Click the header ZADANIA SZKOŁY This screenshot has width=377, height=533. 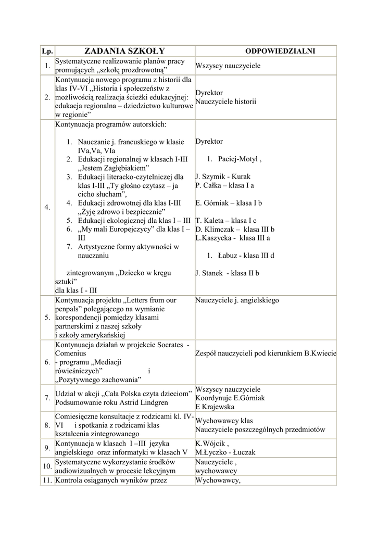124,50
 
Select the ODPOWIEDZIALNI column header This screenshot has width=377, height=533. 280,51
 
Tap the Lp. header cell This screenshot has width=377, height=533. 47,51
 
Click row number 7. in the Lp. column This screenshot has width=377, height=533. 47,398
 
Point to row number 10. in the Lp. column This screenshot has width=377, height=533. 47,466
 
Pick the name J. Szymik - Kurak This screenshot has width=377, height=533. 223,176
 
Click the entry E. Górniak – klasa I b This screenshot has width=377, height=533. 229,203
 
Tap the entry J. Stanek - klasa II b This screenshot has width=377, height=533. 227,273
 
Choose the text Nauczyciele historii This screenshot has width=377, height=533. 225,101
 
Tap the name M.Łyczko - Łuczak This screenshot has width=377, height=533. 225,452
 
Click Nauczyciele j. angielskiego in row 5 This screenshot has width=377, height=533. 237,300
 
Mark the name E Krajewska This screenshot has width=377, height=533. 215,407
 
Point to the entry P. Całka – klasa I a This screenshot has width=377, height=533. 225,185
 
